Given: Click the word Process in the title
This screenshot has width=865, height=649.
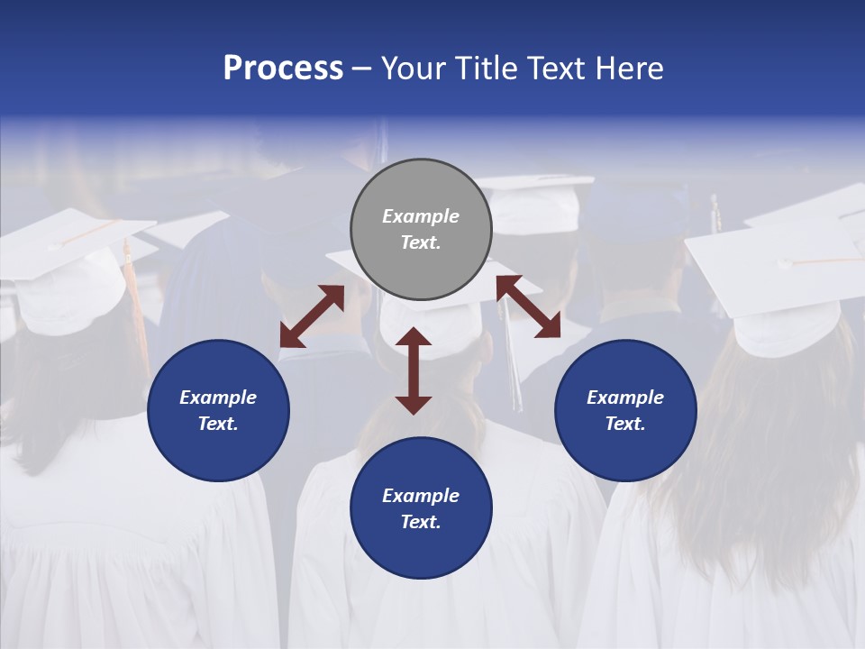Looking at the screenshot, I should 283,69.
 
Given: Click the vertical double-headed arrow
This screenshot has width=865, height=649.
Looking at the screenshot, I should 414,370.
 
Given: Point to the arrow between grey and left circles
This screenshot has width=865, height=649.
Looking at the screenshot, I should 312,316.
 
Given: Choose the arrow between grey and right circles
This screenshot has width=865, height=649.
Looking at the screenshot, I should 529,306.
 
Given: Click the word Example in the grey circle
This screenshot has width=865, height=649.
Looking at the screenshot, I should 421,216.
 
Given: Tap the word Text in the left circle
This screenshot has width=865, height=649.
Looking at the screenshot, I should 218,424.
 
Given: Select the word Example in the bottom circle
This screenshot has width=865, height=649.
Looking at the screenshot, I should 421,496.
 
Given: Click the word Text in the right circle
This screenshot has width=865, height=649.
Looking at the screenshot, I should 625,424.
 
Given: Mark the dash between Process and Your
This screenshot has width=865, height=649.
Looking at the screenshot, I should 362,69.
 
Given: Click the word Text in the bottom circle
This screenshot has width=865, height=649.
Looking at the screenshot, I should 421,522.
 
